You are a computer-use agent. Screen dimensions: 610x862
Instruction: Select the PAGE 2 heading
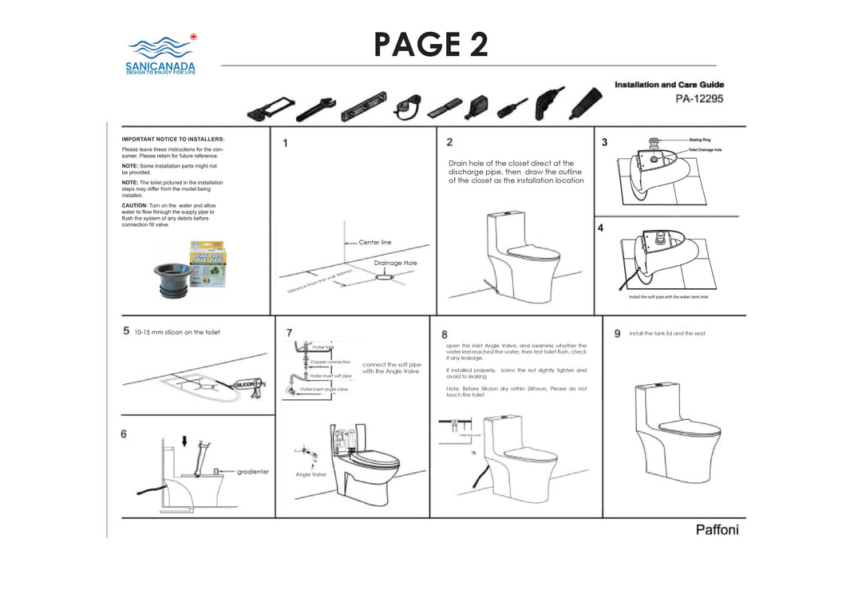431,45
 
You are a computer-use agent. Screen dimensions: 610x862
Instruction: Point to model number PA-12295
699,99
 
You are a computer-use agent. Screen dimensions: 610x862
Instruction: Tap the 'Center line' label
375,242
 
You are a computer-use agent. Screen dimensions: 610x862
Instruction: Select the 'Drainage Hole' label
395,263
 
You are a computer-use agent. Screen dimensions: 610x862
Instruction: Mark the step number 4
600,228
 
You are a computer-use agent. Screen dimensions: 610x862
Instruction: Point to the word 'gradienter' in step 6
253,472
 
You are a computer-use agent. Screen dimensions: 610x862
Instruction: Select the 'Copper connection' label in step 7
330,362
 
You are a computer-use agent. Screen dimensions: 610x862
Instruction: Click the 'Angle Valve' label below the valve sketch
310,474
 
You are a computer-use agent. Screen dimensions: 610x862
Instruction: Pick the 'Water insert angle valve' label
323,389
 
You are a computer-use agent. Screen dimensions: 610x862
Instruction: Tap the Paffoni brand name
717,530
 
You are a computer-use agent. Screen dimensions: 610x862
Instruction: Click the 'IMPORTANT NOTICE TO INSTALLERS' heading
173,139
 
